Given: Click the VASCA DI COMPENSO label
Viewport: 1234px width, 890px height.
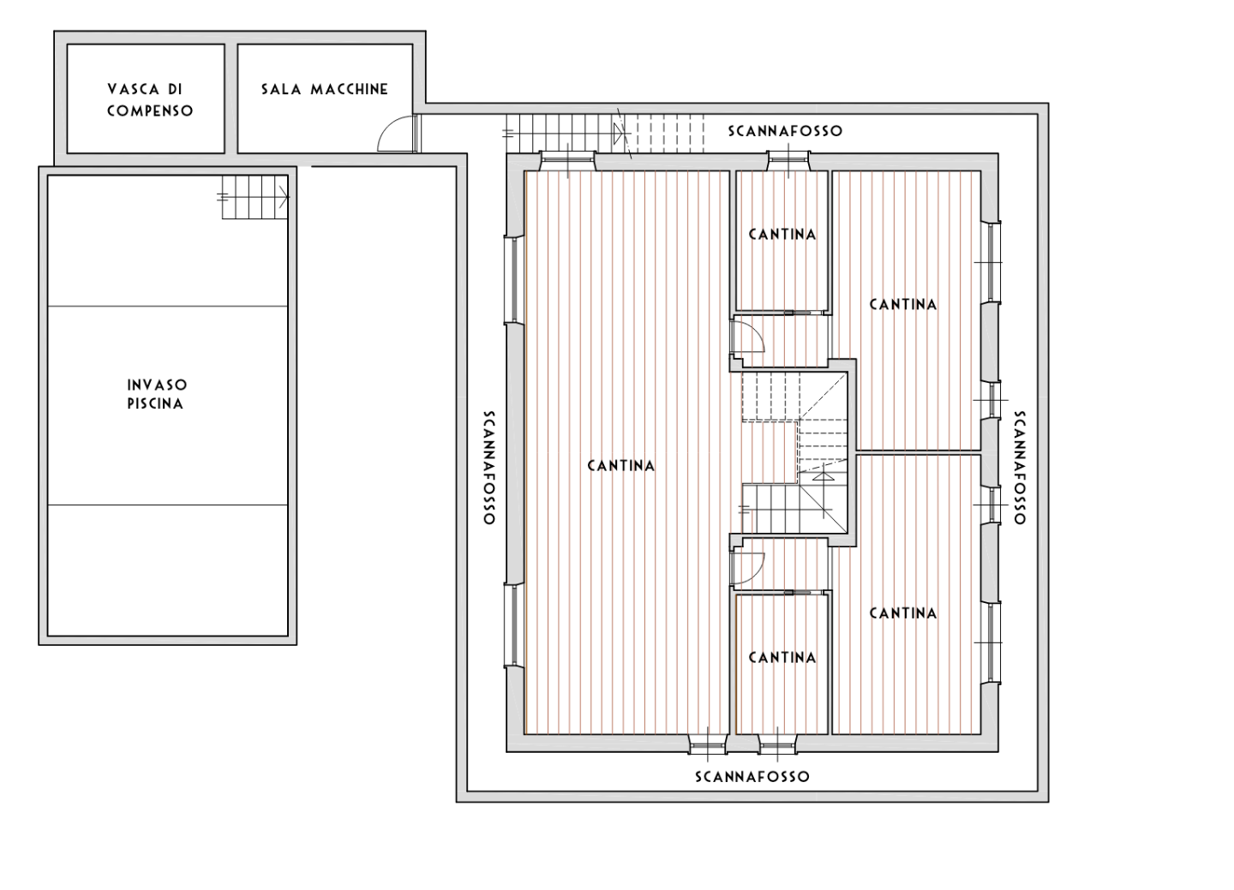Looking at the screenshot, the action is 150,99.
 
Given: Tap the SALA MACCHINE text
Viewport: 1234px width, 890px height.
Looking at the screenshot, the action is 325,89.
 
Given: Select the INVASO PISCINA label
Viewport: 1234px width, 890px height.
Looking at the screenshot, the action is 157,394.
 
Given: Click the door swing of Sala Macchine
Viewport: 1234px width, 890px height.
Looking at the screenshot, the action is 396,133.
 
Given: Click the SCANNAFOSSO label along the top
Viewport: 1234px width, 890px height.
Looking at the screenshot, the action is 785,131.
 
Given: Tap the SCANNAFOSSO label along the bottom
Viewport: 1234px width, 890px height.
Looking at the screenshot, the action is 752,777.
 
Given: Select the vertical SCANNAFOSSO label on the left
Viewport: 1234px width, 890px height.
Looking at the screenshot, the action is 489,467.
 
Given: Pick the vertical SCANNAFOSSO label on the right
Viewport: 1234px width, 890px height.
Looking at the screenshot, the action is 1020,467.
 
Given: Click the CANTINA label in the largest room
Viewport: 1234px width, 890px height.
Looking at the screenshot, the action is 620,466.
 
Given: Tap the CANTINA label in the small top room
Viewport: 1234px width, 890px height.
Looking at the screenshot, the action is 782,235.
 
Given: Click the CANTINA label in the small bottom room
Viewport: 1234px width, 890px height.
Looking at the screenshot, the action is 782,658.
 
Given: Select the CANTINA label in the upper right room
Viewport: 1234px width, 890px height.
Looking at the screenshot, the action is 903,305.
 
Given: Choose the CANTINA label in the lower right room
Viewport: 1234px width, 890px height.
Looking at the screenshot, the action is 903,613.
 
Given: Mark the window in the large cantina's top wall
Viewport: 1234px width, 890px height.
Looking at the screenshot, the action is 567,161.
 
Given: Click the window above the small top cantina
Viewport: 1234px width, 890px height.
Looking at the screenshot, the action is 789,161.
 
